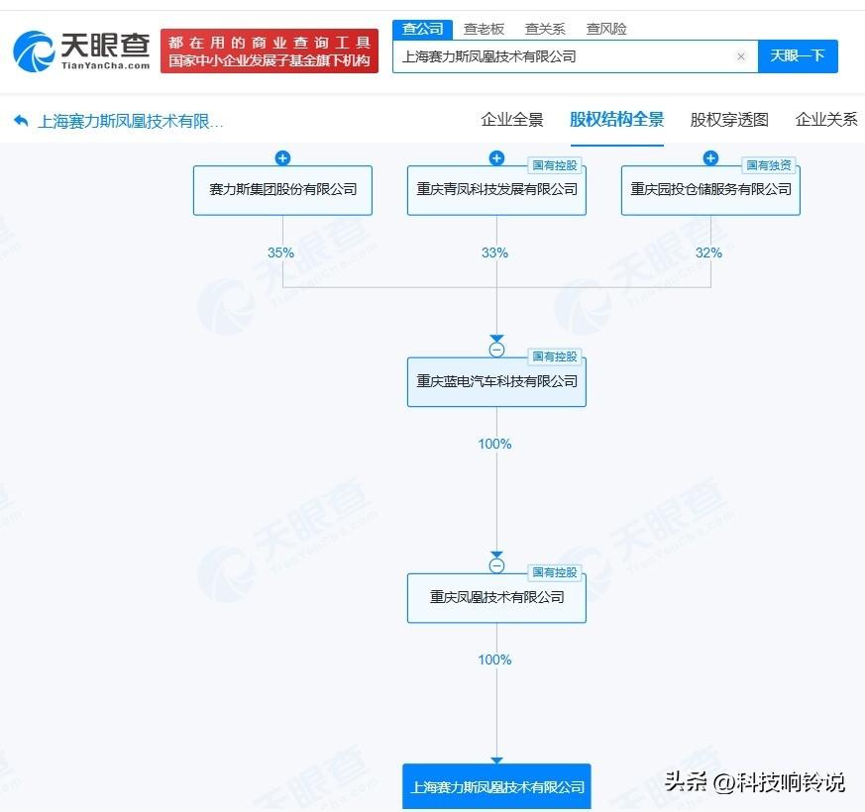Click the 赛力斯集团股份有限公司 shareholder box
[282, 190]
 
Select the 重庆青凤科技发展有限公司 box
[496, 190]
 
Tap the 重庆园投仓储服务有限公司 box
[710, 190]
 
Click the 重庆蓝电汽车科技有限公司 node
[496, 382]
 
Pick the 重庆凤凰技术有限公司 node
[496, 598]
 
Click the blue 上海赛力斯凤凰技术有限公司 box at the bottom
[496, 786]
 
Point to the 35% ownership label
[280, 254]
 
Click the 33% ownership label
[494, 254]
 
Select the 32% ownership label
[708, 254]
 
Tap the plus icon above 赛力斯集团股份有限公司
[282, 158]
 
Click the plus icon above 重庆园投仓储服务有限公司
[710, 158]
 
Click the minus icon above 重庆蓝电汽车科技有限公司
[496, 350]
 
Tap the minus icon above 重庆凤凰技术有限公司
[496, 565]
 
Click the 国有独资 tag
[769, 165]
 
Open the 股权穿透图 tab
[729, 120]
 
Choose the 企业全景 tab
[512, 120]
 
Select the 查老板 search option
[484, 29]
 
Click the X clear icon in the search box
[741, 56]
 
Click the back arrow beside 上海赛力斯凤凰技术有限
[21, 120]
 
